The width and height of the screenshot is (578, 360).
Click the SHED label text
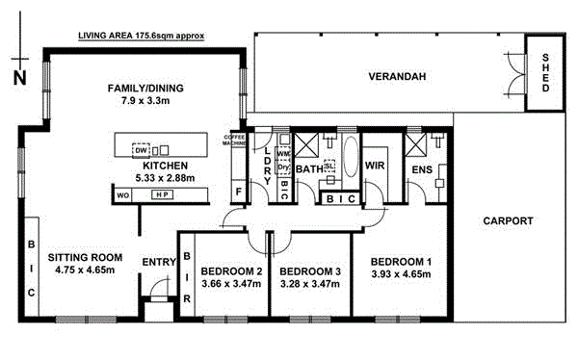click(x=546, y=70)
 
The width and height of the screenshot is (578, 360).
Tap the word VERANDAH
click(x=397, y=76)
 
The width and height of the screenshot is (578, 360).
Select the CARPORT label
click(x=508, y=220)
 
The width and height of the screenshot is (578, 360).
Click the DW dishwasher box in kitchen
click(x=142, y=150)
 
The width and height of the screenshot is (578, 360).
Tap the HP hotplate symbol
click(x=160, y=194)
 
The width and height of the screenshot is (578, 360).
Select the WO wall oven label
click(x=123, y=194)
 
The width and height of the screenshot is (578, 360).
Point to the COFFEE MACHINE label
click(x=236, y=141)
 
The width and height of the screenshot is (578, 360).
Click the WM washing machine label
click(x=282, y=152)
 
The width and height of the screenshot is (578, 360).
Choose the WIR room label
click(x=375, y=167)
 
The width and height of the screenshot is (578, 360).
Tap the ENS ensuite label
click(x=422, y=169)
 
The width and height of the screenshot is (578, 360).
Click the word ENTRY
click(x=158, y=262)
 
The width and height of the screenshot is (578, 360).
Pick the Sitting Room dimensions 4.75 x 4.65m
click(x=85, y=270)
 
